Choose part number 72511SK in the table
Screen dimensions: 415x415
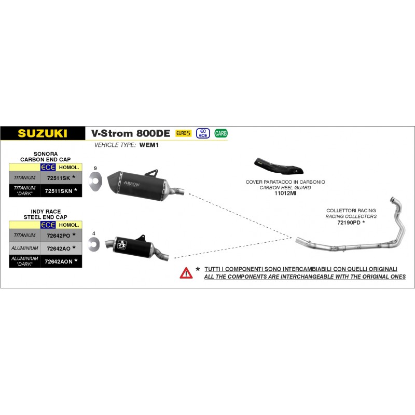coord(58,178)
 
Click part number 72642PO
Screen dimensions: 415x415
coord(58,235)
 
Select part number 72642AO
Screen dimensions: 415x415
coord(58,248)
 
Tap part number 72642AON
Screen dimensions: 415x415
coord(59,261)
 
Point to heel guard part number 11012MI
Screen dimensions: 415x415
coord(285,193)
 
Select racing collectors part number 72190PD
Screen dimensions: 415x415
coord(349,222)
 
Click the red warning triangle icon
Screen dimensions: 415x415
coord(186,272)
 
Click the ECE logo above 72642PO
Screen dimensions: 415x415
coord(48,225)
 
